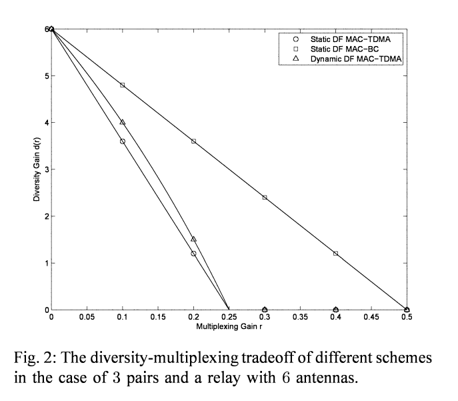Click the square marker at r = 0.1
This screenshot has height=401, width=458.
(x=123, y=85)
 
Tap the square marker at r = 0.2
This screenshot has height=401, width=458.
(x=193, y=141)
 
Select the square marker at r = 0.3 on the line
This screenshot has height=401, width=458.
(x=265, y=197)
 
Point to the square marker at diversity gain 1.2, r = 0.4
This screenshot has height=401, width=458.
(x=335, y=254)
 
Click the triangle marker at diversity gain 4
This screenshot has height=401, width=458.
(x=123, y=122)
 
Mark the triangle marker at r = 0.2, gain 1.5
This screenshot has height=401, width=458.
(x=193, y=239)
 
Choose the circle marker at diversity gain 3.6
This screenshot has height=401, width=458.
(x=123, y=141)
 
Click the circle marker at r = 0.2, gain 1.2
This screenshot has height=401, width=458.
(x=193, y=254)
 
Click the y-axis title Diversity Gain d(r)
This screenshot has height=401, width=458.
(x=38, y=169)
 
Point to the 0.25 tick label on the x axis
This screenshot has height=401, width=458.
(x=229, y=318)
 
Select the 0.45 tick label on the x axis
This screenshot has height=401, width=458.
(x=371, y=318)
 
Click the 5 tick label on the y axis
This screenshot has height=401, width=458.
(x=45, y=76)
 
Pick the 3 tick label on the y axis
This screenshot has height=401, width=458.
(x=45, y=169)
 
